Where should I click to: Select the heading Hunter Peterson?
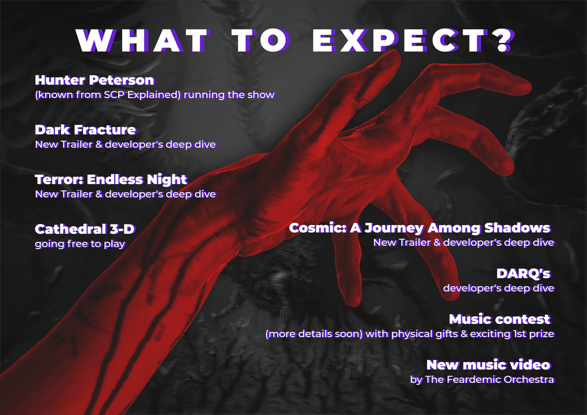[95, 80]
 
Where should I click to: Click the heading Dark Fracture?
[86, 130]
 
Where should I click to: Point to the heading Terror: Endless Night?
[111, 180]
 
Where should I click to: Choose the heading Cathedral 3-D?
[85, 229]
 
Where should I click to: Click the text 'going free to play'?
[80, 244]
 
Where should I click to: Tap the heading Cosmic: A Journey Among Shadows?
[420, 228]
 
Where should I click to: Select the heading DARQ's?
[523, 274]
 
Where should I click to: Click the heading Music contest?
[500, 320]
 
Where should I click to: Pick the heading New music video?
[488, 365]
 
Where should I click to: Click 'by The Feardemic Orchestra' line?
[482, 380]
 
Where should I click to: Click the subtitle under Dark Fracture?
[125, 145]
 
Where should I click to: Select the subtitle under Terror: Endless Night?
[125, 195]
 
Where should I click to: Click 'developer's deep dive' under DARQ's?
[499, 288]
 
